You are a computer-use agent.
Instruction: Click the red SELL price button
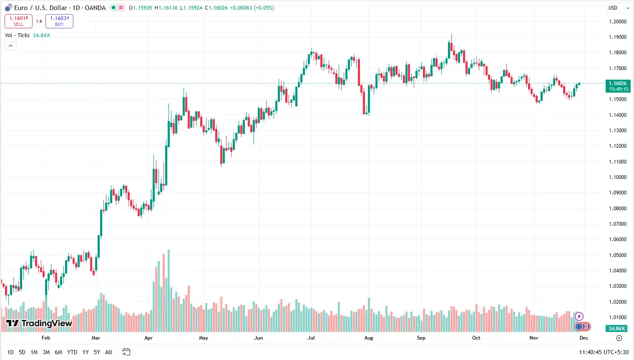tap(18, 21)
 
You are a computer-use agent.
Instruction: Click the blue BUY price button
tap(59, 21)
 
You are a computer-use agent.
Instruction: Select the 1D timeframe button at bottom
tap(10, 352)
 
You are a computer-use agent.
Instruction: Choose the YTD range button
tap(72, 352)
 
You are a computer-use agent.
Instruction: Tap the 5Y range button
tap(97, 352)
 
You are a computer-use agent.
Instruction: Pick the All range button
tap(108, 352)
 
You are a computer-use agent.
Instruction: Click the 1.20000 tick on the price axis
tap(617, 22)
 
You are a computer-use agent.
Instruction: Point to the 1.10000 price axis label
tap(617, 177)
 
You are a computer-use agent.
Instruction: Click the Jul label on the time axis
tap(311, 338)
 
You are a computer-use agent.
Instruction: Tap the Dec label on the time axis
tap(584, 338)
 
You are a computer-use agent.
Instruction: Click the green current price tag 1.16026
tap(618, 86)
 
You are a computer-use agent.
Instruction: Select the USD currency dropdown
tap(618, 8)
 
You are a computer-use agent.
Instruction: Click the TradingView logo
tap(39, 323)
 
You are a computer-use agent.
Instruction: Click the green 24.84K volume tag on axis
tap(617, 329)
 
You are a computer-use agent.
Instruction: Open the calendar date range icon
tap(126, 352)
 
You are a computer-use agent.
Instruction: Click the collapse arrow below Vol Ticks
tap(10, 46)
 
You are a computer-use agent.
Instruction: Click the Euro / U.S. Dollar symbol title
tap(41, 8)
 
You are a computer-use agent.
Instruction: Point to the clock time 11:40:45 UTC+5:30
tap(604, 352)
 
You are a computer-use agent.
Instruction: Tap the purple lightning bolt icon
tap(579, 317)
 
